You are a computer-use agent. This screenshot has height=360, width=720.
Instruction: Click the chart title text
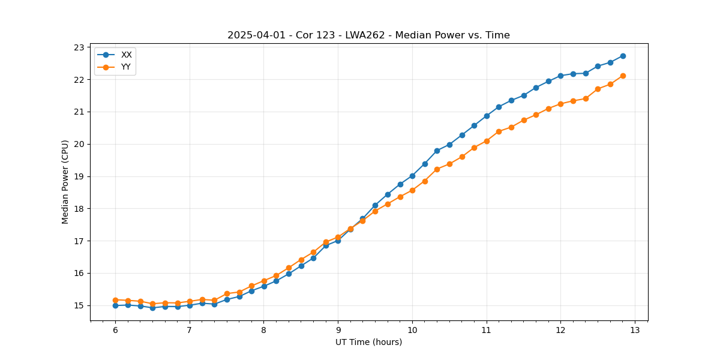click(368, 35)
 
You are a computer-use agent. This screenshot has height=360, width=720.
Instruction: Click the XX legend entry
click(126, 55)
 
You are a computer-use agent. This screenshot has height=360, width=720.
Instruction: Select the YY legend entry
click(126, 67)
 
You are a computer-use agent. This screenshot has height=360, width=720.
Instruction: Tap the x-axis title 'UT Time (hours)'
click(368, 342)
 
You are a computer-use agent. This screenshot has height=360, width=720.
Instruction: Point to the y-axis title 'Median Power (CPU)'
click(65, 182)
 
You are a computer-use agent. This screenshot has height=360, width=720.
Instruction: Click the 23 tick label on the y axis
click(78, 47)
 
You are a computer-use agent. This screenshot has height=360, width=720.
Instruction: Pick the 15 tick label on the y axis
click(78, 305)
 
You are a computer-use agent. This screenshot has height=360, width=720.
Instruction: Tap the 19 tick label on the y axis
click(78, 176)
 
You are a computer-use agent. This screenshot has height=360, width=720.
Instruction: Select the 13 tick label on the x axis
click(635, 330)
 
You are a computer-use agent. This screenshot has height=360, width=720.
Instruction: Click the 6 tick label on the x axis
click(115, 330)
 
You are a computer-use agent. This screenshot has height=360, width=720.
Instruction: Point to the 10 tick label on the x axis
click(412, 330)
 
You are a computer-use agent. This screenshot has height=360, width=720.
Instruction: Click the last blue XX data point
click(623, 56)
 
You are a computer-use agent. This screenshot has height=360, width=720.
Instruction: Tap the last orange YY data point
click(623, 76)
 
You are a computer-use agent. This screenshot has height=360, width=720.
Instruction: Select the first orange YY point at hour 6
click(115, 299)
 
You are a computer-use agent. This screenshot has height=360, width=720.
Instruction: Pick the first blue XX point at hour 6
click(115, 305)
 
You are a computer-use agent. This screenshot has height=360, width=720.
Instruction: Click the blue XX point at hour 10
click(412, 176)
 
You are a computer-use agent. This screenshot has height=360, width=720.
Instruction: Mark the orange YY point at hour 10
click(412, 190)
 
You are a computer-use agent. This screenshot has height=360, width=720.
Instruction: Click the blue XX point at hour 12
click(560, 76)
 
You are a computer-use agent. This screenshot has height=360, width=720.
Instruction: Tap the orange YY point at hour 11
click(487, 141)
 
